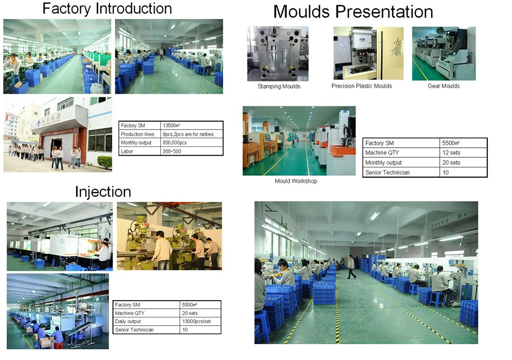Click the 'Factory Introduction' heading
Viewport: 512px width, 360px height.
coord(107,9)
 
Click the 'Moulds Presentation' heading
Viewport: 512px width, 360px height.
coord(353,12)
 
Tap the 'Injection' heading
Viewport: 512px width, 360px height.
coord(103,192)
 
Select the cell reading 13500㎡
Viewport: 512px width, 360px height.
coord(172,125)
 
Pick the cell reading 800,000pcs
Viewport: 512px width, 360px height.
coord(175,143)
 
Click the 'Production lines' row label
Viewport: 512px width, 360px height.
coord(137,134)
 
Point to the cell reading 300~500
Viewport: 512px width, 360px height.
coord(172,151)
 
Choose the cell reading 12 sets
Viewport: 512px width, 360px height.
coord(451,153)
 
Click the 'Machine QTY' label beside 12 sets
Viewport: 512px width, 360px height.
coord(382,153)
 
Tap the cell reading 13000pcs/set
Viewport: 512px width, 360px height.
coord(196,322)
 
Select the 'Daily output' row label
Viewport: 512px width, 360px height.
coord(127,322)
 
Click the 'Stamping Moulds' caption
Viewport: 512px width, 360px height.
coord(279,86)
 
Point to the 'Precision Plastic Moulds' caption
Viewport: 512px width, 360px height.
coord(361,86)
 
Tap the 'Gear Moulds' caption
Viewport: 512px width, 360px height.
coord(443,86)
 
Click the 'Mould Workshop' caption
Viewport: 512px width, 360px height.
coord(296,181)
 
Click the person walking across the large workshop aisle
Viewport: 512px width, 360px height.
coord(351,267)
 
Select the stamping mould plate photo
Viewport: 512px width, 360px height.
coord(278,54)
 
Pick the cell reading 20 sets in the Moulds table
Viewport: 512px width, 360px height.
coord(451,163)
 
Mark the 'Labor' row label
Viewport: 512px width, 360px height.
coord(126,151)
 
